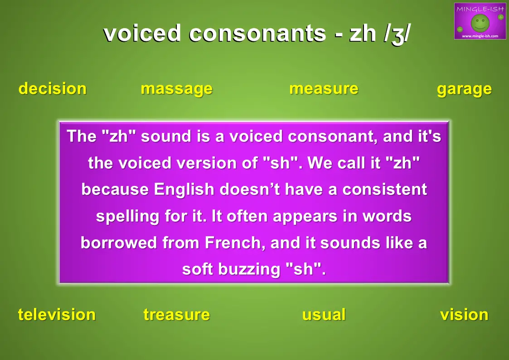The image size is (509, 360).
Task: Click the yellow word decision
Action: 53,88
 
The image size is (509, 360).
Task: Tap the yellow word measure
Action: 324,89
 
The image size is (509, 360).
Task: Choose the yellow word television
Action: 57,315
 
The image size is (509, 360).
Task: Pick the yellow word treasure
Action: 177,315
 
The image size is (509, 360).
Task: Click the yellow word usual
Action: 324,315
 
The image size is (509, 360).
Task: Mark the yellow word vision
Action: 464,315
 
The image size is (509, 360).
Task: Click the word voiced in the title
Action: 142,33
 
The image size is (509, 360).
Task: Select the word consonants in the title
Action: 257,34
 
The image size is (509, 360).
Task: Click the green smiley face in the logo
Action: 480,23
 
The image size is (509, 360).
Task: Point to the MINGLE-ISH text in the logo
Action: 480,9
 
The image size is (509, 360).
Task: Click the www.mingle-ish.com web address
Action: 480,36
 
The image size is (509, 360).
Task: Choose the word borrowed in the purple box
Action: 119,243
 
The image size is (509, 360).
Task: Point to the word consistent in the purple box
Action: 385,190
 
